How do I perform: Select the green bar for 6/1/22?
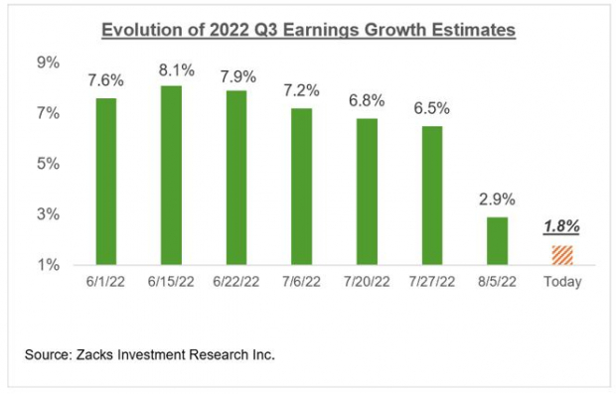click(106, 182)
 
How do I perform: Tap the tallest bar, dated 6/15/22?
click(171, 176)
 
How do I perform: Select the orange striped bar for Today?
click(561, 255)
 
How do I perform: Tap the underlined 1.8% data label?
click(561, 225)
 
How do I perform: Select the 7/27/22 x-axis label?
click(431, 282)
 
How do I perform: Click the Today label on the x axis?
click(561, 282)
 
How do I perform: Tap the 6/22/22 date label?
click(236, 282)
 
